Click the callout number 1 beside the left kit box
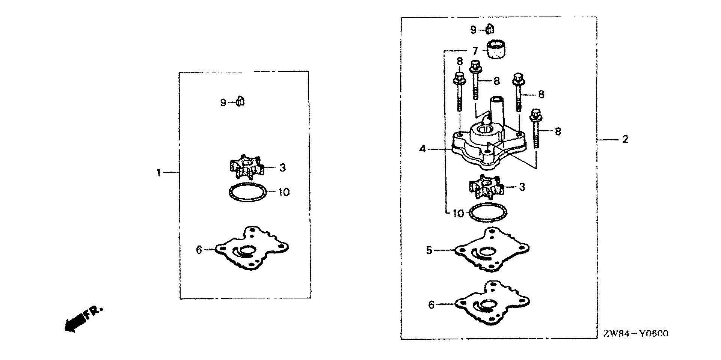point(158,173)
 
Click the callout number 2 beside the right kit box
point(625,139)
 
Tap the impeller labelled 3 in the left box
point(246,168)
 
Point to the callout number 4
point(422,149)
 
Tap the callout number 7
point(475,51)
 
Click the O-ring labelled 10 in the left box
point(248,192)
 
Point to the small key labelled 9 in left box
point(240,102)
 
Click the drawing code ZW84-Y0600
point(635,334)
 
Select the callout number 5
point(430,250)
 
